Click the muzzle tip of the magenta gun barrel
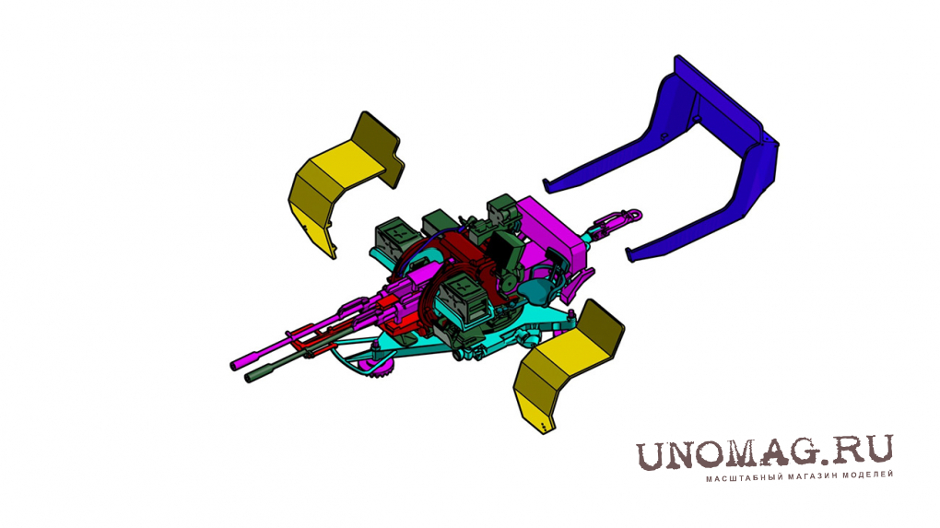pos(234,364)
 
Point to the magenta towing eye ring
pos(633,214)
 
